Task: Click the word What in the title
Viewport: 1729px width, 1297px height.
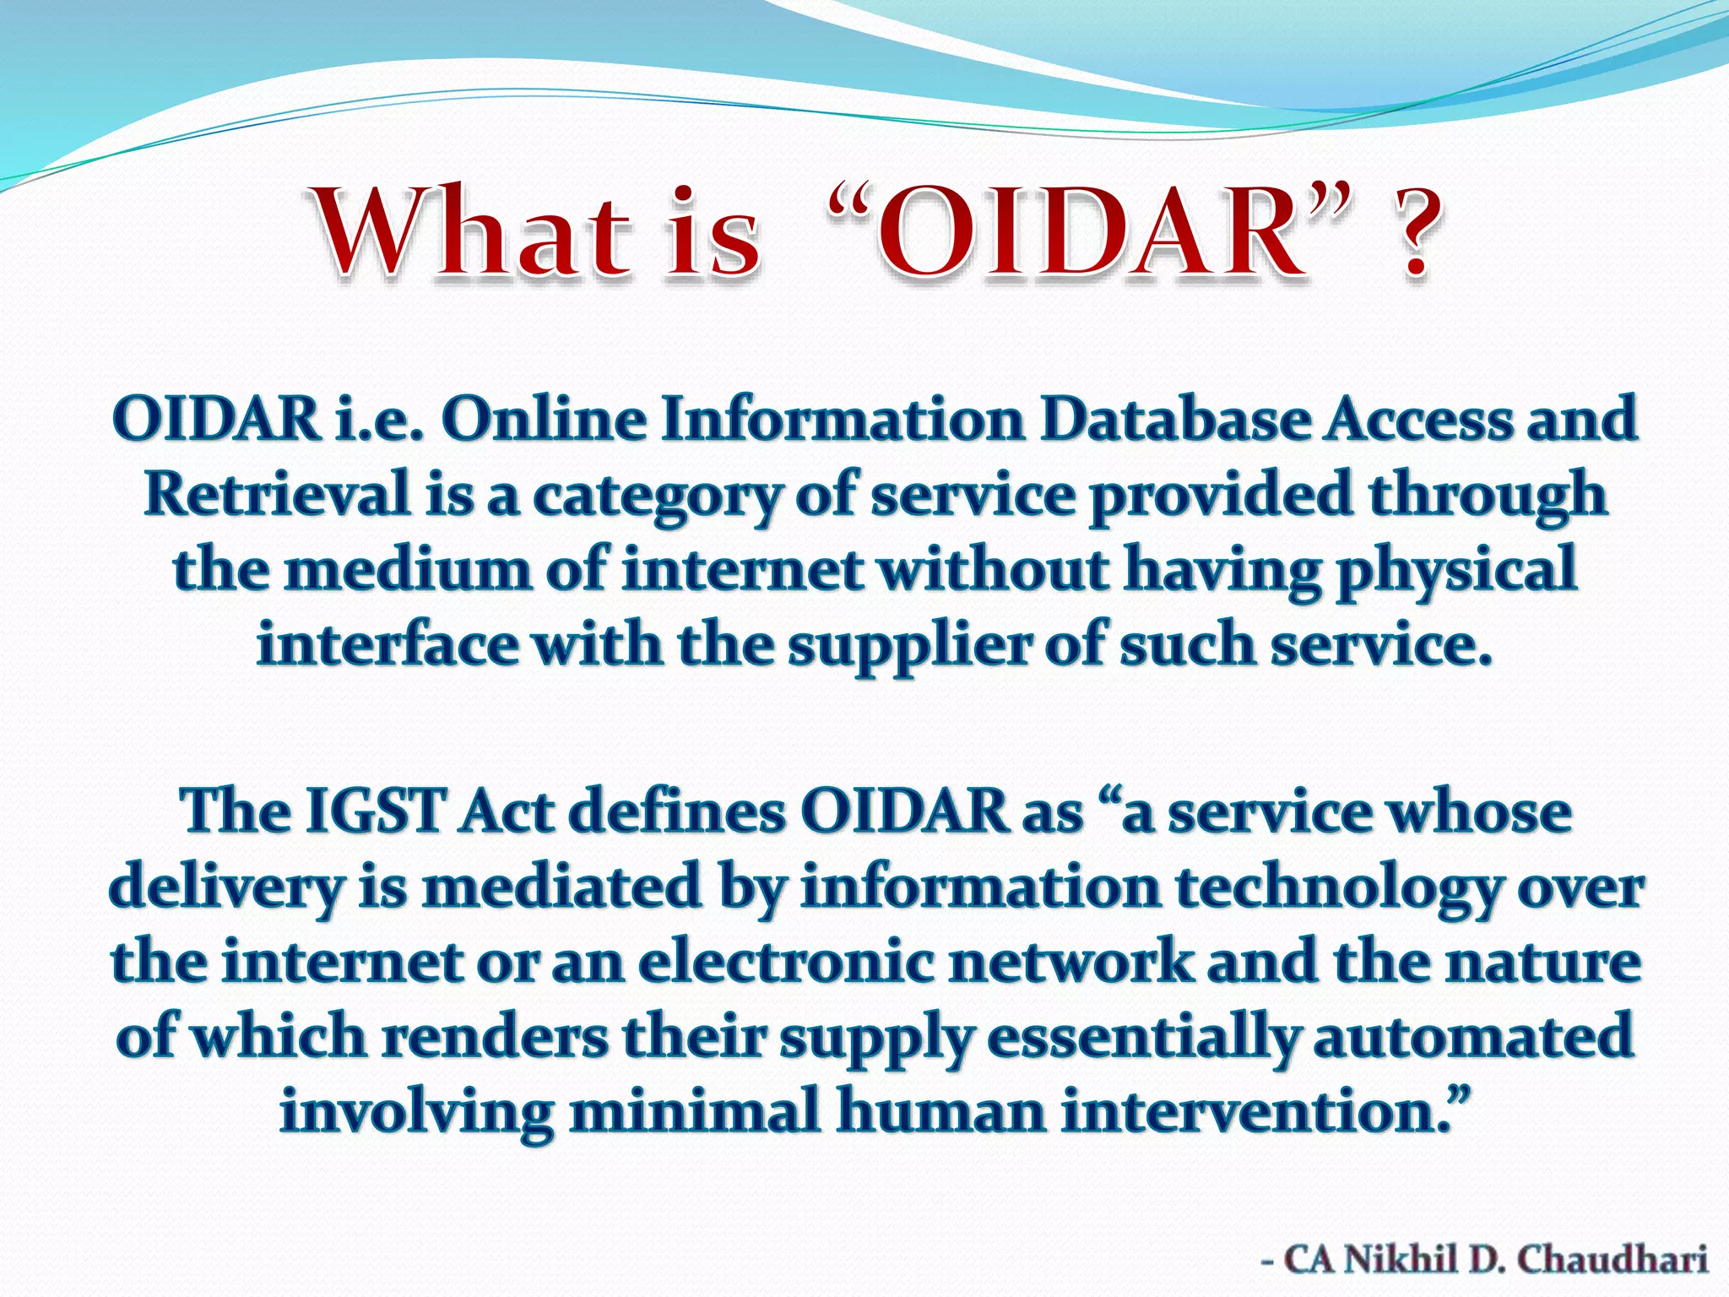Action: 473,232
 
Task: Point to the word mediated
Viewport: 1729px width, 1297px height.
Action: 561,887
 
